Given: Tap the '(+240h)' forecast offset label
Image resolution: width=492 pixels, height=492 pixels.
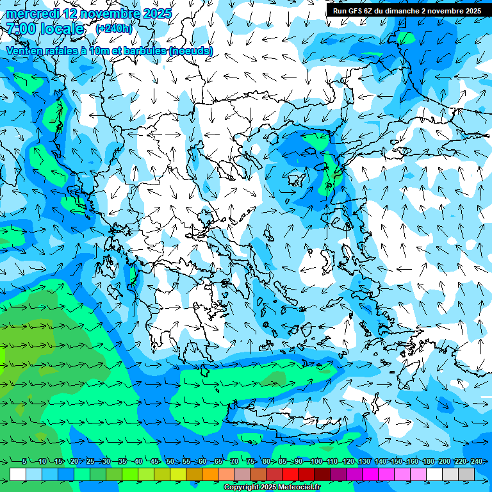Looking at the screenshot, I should click(x=113, y=28).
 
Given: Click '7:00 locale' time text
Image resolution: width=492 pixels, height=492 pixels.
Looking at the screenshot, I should click(x=45, y=29).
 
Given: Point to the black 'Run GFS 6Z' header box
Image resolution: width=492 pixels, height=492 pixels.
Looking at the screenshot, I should click(x=407, y=10).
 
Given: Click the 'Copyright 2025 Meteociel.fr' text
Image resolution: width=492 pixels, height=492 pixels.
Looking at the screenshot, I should click(x=272, y=488).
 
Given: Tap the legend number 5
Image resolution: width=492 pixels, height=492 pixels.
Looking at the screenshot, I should click(x=24, y=462).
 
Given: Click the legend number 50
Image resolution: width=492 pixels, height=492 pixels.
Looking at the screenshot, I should click(x=170, y=462).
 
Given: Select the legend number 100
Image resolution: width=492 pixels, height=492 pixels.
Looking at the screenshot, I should click(x=315, y=462).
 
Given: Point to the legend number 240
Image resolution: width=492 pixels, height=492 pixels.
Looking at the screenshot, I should click(x=476, y=462).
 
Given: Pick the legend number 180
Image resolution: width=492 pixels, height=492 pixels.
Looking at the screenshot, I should click(x=428, y=462).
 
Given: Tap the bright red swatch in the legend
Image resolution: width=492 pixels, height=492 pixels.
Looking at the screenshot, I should click(x=291, y=474).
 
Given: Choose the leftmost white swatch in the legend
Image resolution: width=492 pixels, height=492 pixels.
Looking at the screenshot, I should click(x=18, y=474).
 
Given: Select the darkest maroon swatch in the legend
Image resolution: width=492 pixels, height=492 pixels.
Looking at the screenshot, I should click(x=323, y=474).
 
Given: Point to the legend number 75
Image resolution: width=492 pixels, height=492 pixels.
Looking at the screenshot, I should click(x=250, y=462).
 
